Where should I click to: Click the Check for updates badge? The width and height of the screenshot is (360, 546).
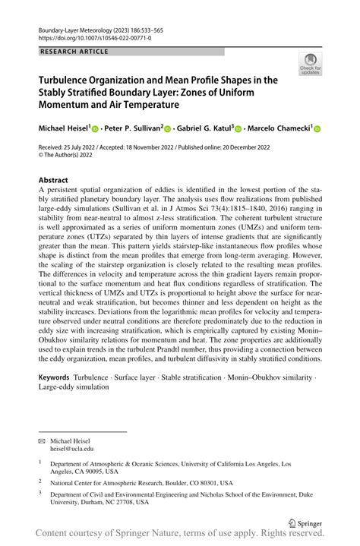tap(310, 64)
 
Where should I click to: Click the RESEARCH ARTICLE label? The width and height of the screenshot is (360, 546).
tap(74, 52)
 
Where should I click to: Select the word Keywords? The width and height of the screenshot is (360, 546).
tap(55, 377)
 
